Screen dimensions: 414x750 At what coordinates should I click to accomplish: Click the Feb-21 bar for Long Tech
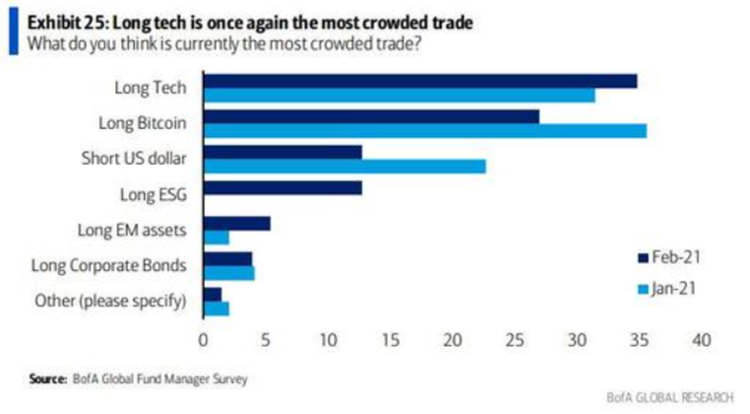point(419,81)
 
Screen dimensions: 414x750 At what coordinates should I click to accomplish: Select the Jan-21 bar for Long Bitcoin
point(424,130)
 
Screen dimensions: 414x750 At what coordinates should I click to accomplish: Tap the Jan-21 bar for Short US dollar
point(344,167)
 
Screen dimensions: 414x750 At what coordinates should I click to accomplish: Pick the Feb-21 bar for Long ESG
point(282,187)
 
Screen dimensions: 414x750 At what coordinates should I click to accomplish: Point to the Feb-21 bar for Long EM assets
point(236,224)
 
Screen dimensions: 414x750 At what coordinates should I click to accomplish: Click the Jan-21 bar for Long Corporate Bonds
point(228,273)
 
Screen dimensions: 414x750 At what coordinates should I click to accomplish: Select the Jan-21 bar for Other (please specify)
point(216,309)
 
